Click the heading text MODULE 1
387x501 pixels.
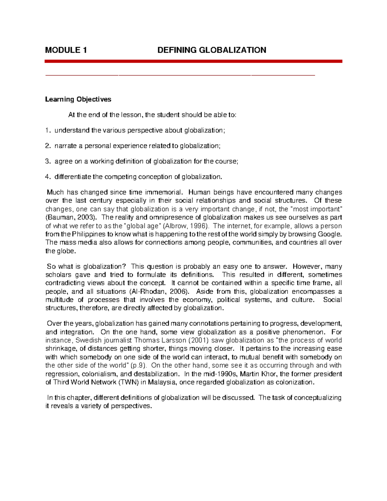click(x=66, y=50)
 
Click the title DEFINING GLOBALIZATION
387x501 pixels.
click(x=212, y=50)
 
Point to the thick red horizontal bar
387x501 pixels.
click(x=193, y=61)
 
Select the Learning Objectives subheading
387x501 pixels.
click(x=78, y=99)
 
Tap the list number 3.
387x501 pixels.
click(x=47, y=161)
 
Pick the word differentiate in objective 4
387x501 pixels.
click(x=73, y=177)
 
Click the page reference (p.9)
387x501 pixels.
click(x=139, y=366)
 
